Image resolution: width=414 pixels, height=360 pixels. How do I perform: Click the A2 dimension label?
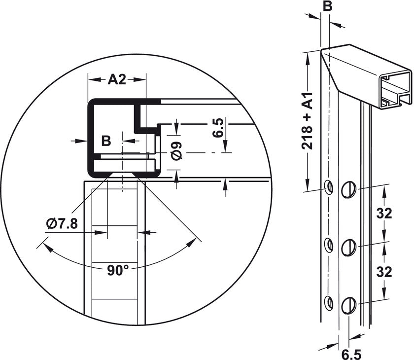tap(117, 79)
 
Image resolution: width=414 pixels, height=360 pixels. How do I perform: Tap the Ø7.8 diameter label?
tap(62, 224)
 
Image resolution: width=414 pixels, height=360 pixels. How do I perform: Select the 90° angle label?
tap(118, 270)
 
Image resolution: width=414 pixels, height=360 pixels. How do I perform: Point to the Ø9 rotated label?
tap(176, 150)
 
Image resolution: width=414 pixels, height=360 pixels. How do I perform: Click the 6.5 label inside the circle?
tap(217, 128)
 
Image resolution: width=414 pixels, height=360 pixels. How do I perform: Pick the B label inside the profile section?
tap(106, 141)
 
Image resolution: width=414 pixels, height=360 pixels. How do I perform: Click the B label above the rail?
tap(327, 6)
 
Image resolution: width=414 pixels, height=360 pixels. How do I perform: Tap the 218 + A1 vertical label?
tap(307, 121)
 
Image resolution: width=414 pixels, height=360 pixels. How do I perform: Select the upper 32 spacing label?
tap(384, 214)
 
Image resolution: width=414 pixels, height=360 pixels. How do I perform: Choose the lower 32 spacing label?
tap(384, 272)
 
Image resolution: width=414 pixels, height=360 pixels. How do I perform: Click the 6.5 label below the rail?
tap(351, 354)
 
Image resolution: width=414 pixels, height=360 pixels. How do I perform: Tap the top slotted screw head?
tap(348, 189)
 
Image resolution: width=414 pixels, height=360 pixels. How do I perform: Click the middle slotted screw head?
tap(348, 248)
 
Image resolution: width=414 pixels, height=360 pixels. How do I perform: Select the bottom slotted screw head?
tap(348, 306)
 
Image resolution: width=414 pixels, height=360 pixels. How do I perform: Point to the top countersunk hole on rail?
tap(329, 187)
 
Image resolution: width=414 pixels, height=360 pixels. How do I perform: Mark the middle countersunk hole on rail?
tap(329, 245)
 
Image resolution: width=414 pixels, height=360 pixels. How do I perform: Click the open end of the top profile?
tap(395, 90)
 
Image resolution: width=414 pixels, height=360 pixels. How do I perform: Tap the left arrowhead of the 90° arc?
tap(47, 248)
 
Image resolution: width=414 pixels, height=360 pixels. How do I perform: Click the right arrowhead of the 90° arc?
tap(191, 243)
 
